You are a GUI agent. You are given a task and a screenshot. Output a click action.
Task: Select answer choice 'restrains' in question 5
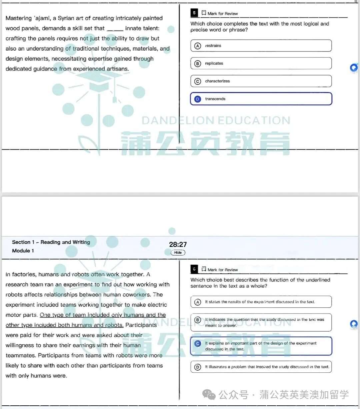coord(261,46)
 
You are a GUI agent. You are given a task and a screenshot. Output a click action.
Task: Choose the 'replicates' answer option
coord(261,63)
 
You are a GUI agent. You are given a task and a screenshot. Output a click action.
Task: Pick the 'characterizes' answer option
coord(261,81)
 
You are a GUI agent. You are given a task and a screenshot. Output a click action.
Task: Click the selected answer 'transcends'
coord(261,99)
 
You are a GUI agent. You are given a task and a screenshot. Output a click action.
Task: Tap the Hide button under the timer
coord(178,252)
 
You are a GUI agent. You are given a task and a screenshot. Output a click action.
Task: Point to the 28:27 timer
coord(178,244)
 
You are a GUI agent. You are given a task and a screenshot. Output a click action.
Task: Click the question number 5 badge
coord(194,13)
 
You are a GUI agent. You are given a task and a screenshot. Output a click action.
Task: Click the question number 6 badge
coord(194,269)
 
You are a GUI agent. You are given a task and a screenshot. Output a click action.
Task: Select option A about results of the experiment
coord(261,302)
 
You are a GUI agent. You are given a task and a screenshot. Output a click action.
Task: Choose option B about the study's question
coord(261,322)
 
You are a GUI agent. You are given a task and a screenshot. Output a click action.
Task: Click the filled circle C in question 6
coord(198,343)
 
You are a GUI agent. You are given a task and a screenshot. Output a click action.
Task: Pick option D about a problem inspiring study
coord(261,367)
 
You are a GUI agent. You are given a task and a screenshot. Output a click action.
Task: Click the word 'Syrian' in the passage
coord(66,18)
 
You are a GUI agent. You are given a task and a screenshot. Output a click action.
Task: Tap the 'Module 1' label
coord(23,251)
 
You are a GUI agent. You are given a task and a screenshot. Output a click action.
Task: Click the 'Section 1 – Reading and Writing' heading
coord(51,242)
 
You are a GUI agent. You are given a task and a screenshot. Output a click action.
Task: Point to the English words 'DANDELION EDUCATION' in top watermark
coord(216,120)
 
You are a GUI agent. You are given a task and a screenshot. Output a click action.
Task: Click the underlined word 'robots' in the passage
coord(114,325)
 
